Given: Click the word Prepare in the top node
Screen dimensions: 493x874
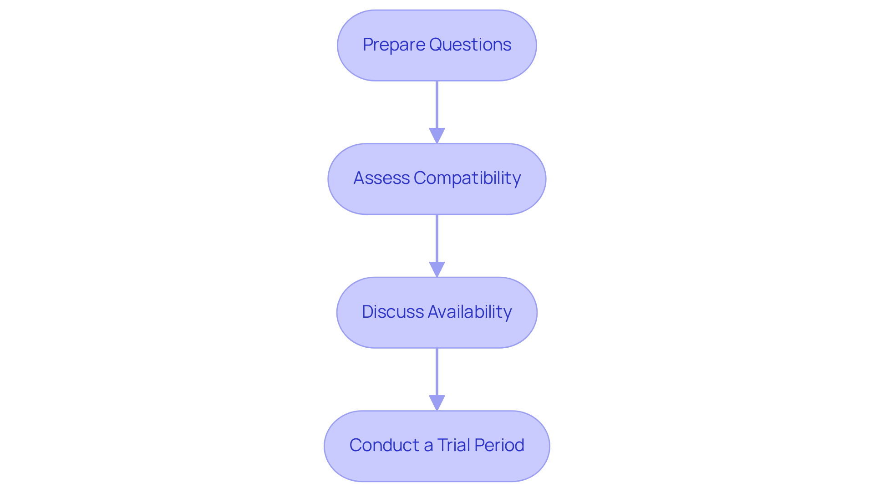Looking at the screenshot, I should click(394, 45).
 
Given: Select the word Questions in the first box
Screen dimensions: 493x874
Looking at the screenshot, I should click(470, 45).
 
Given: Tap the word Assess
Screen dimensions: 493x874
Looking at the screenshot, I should click(381, 178).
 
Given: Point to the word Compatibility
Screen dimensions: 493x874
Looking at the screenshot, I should click(467, 178).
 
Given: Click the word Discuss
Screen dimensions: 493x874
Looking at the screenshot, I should click(393, 312).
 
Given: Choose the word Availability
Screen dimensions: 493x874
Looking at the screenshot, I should click(470, 312).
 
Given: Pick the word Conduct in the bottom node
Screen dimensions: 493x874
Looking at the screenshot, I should click(384, 445).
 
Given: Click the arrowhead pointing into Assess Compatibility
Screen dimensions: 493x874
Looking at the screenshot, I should click(437, 136).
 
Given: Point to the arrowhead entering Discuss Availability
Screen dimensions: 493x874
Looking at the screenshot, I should click(437, 269).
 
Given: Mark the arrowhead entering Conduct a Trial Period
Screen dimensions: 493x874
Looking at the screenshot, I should click(437, 403).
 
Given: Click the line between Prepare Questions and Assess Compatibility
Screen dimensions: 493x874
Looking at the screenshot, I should click(437, 105).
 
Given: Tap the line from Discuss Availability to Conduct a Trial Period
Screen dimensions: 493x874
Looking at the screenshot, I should click(437, 372).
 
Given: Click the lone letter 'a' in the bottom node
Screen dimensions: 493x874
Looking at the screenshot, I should click(428, 446).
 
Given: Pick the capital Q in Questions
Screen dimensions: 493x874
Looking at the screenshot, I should click(436, 45).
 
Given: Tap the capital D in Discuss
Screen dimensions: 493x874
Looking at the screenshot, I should click(367, 312).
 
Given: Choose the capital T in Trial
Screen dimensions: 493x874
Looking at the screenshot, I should click(442, 445).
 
